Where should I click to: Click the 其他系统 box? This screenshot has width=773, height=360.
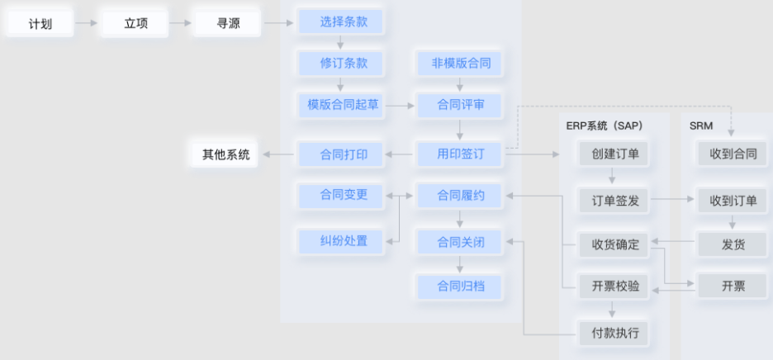tap(225, 154)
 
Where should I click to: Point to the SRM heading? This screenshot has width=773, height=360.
tap(702, 125)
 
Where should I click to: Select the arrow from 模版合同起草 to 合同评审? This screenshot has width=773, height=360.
tap(400, 106)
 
